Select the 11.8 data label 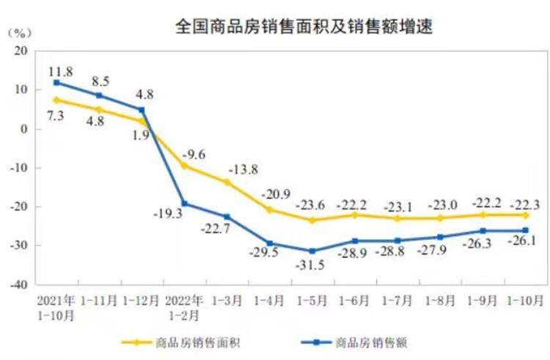point(61,70)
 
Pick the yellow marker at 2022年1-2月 point(185,166)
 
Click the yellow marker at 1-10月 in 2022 point(526,215)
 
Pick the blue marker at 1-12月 point(142,110)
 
